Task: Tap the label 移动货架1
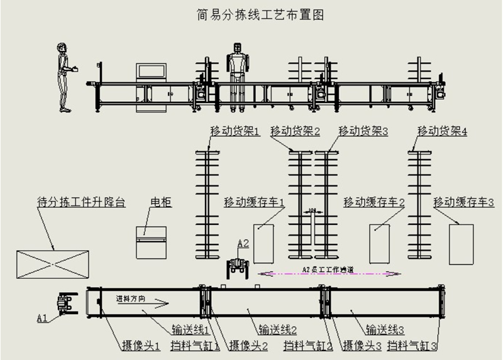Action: point(235,131)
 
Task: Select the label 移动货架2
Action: point(296,131)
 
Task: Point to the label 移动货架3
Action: point(363,131)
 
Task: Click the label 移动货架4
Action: point(442,131)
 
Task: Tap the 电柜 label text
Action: point(161,202)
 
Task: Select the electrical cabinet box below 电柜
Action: point(153,241)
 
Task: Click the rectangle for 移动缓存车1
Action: point(265,244)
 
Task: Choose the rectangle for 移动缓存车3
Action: point(461,244)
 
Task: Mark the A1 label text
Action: point(42,319)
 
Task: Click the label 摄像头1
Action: point(141,345)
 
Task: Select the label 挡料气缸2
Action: point(308,345)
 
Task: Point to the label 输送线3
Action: point(384,328)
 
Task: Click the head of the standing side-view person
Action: point(62,48)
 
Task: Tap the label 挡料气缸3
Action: point(412,345)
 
